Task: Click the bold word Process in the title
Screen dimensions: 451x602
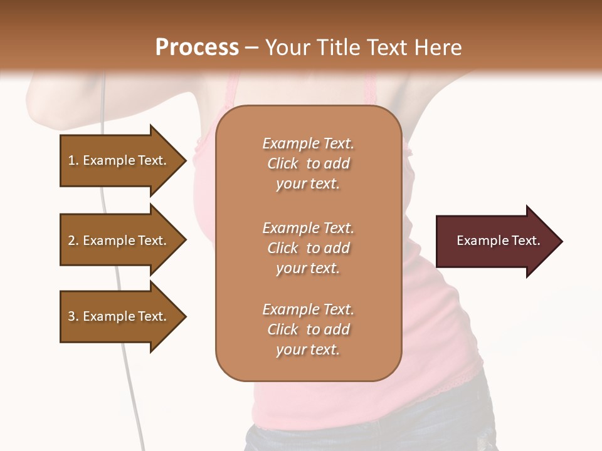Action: click(197, 48)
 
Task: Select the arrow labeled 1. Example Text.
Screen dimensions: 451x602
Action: click(119, 160)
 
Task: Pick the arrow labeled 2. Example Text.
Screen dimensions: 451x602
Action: click(119, 241)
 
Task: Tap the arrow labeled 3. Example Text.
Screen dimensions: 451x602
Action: click(119, 316)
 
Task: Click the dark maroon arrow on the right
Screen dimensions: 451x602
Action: click(495, 241)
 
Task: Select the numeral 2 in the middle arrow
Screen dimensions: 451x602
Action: click(71, 241)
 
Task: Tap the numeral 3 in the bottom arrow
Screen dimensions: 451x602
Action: click(71, 316)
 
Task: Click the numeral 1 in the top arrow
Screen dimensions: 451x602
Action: click(71, 160)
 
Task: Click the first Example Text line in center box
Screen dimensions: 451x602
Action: click(308, 143)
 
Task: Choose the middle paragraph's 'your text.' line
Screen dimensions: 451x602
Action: click(308, 268)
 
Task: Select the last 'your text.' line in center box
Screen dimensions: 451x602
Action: click(308, 350)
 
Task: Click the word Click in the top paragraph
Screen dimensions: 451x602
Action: click(283, 163)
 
